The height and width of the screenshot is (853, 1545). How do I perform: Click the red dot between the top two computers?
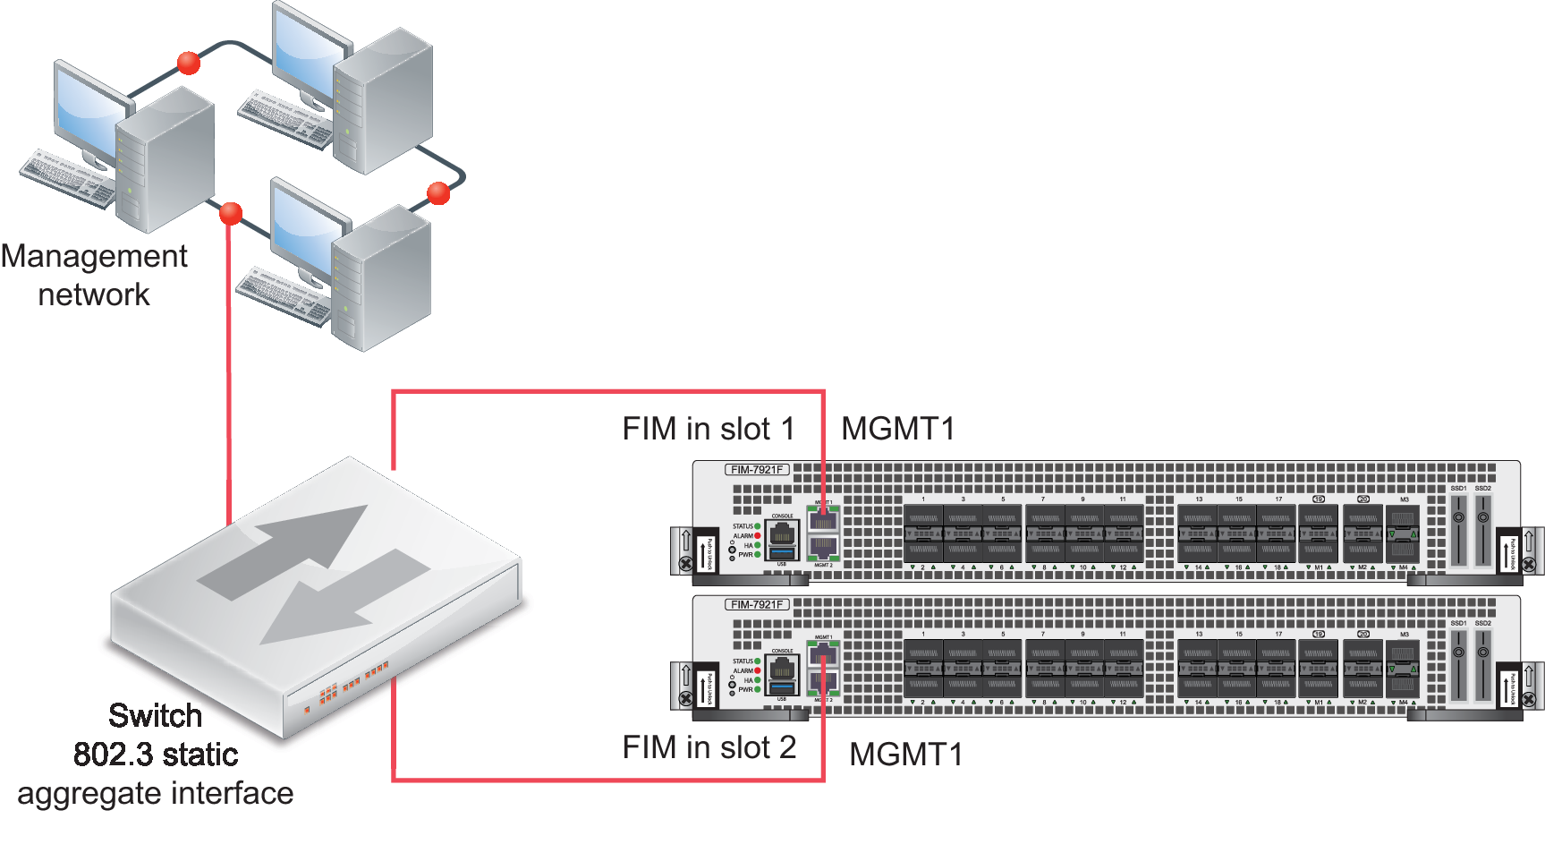click(188, 63)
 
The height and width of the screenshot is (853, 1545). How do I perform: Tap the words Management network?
click(94, 275)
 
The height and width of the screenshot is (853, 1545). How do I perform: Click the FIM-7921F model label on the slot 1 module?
click(757, 469)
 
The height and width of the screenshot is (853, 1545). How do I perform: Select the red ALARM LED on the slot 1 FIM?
click(758, 536)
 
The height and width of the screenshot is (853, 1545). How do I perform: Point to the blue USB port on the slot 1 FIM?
click(782, 554)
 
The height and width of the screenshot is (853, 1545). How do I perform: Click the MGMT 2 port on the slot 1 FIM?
click(823, 547)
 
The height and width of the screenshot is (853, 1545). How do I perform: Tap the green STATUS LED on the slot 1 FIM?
click(758, 526)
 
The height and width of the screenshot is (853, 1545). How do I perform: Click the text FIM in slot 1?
click(709, 430)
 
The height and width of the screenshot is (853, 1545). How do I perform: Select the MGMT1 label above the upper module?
click(897, 430)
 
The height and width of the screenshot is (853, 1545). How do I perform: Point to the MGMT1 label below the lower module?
click(905, 755)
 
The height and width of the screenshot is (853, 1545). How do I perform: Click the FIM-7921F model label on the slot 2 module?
click(757, 604)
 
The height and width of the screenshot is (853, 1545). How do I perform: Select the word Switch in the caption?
click(155, 716)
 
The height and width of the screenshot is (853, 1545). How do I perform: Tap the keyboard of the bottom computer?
click(283, 296)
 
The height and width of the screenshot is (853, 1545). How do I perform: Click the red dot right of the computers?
click(438, 192)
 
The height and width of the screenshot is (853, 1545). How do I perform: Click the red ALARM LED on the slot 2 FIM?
click(758, 670)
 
